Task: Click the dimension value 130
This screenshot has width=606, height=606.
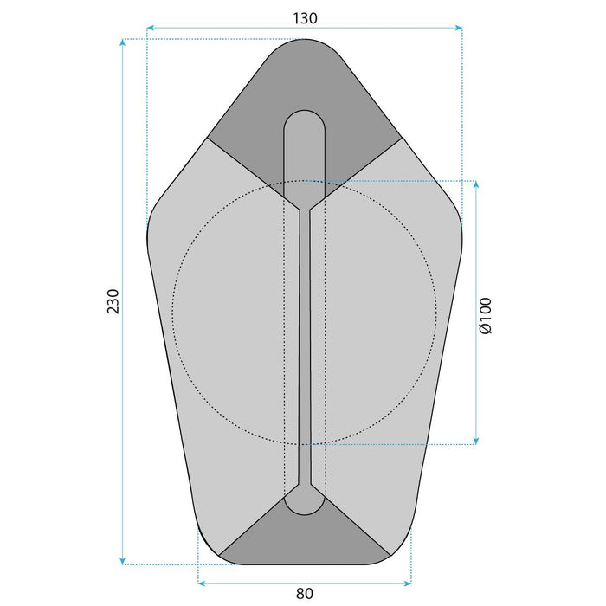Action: coord(303,17)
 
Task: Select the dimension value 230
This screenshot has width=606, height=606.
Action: coord(113,301)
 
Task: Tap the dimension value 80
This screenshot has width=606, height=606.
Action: coord(304,593)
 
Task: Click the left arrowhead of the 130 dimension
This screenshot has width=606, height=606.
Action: coord(151,28)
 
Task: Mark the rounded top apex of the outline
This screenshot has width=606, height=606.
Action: coord(305,42)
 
